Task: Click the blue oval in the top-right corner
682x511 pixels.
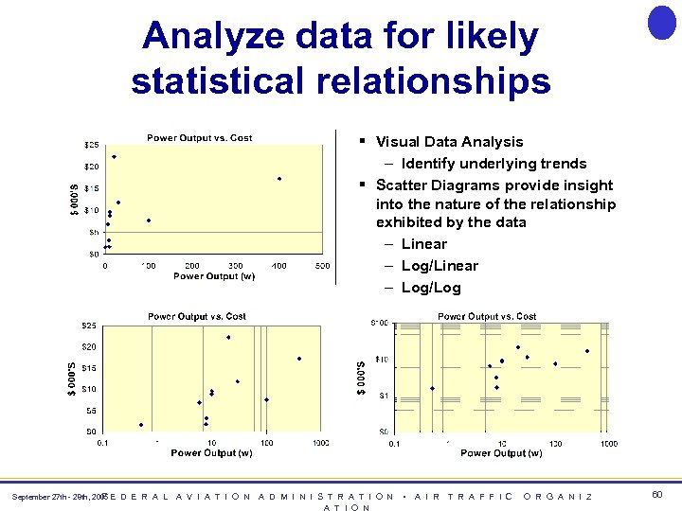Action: [661, 22]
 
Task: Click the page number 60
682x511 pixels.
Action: [657, 495]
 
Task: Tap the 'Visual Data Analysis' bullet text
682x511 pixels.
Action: [449, 142]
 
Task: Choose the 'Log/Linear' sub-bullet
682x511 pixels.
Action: [440, 266]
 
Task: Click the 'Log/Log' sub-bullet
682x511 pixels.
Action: [431, 288]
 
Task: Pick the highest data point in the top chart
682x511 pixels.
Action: [114, 157]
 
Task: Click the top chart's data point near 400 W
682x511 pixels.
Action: [279, 179]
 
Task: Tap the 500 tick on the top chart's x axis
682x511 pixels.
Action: [322, 266]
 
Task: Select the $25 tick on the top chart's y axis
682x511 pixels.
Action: [92, 145]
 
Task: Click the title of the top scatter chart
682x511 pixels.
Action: [199, 138]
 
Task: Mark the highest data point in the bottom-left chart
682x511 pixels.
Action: [228, 337]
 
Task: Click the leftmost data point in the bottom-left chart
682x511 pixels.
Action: [141, 425]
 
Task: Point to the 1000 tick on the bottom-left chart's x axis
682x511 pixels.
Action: [320, 443]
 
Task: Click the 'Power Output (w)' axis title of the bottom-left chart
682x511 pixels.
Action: [211, 453]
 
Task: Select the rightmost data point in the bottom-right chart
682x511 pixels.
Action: [586, 351]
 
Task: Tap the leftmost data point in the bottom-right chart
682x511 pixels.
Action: [432, 388]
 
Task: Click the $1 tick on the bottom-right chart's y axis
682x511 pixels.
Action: [382, 396]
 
